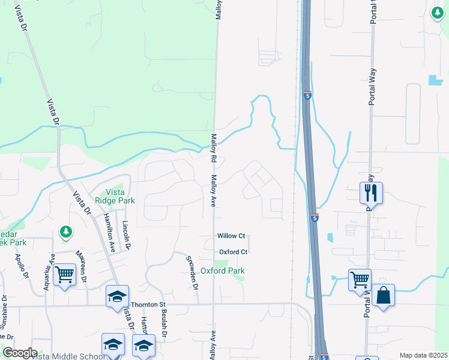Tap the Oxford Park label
coord(223,271)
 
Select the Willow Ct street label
coord(232,236)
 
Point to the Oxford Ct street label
coord(233,252)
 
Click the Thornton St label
coord(148,305)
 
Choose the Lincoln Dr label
coord(125,235)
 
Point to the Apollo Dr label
coord(22,267)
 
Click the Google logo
coord(20,353)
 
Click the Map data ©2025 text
coord(423,355)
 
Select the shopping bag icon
coord(383,296)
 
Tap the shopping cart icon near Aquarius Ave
coord(64,275)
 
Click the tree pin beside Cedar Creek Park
coord(66,231)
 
